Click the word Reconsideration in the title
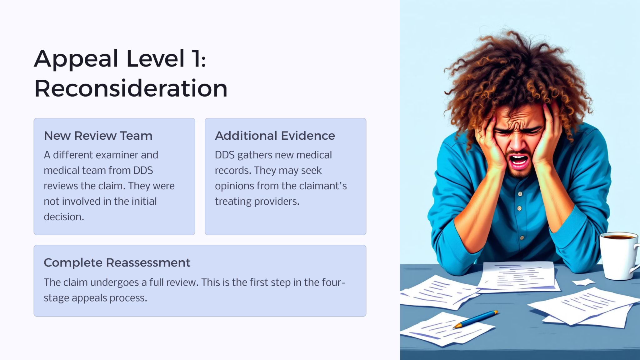(x=131, y=89)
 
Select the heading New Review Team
(x=98, y=136)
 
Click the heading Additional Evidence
(x=275, y=136)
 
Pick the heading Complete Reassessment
(x=117, y=263)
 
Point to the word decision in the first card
(x=63, y=217)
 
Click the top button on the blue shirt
(x=520, y=194)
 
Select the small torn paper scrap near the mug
(x=583, y=282)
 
